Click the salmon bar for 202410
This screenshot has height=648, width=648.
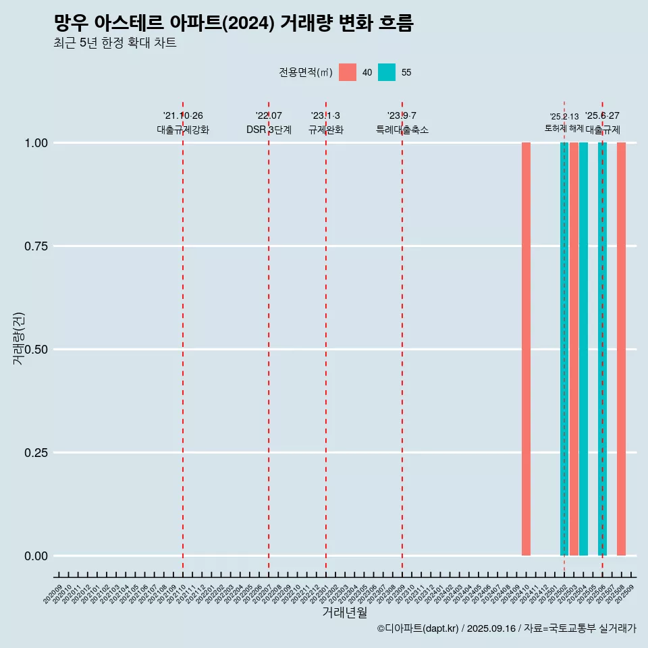click(526, 349)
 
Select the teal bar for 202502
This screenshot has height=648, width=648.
click(564, 349)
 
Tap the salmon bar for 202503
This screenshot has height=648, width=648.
click(574, 349)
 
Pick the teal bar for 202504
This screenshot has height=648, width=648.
click(583, 349)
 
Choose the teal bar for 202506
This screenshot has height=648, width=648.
click(602, 349)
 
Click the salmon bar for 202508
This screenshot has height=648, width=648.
click(621, 349)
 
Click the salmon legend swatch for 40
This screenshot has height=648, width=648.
click(348, 72)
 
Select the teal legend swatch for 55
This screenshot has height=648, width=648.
click(387, 72)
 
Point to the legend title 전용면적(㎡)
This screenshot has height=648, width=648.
click(306, 72)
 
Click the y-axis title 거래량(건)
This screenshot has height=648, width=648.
click(18, 337)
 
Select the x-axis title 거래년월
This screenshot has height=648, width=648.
click(344, 612)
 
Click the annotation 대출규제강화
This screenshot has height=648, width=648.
click(183, 130)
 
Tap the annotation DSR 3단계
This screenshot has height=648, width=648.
click(269, 130)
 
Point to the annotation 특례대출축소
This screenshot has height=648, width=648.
click(402, 130)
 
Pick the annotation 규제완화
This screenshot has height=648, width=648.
click(326, 130)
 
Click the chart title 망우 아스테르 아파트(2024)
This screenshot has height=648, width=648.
click(233, 23)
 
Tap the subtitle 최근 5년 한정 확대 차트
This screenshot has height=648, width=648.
click(115, 43)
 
